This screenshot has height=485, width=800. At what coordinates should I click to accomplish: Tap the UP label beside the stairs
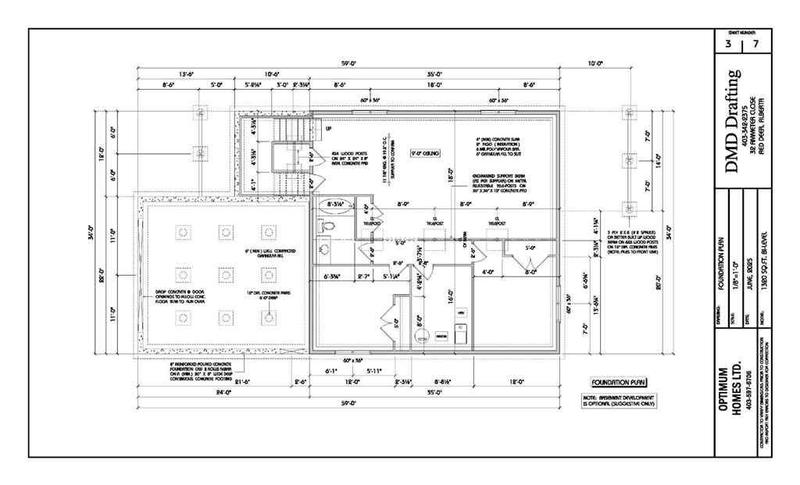point(328,128)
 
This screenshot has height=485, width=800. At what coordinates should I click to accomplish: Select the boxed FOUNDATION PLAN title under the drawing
point(620,383)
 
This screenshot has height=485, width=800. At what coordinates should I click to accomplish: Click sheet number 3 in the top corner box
point(727,45)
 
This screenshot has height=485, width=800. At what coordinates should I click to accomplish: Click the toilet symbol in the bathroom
point(327,226)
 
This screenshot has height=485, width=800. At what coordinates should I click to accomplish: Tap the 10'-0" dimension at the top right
point(596,62)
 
